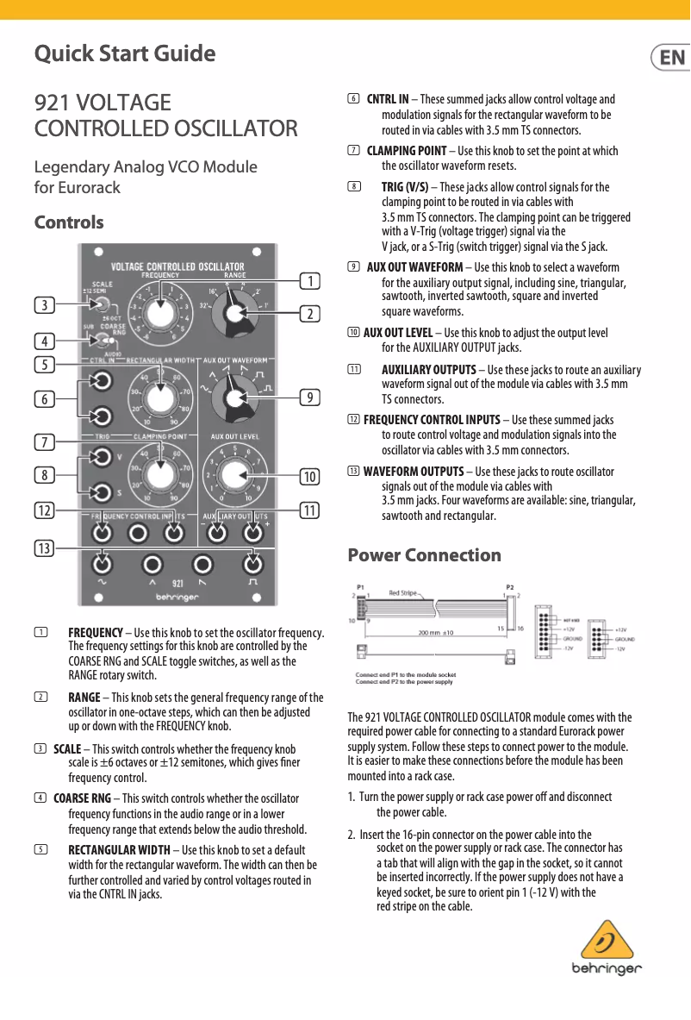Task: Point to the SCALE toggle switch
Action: click(102, 305)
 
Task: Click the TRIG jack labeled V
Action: click(103, 457)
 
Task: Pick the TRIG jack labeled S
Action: click(103, 492)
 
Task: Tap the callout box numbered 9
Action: click(308, 397)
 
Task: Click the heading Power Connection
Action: click(424, 555)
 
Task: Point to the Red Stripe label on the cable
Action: click(403, 593)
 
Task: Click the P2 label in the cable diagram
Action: click(510, 586)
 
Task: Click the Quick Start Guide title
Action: click(125, 53)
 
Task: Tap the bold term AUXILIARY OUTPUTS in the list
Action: click(428, 370)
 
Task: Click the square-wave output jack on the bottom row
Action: click(252, 565)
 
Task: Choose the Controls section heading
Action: click(69, 222)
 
